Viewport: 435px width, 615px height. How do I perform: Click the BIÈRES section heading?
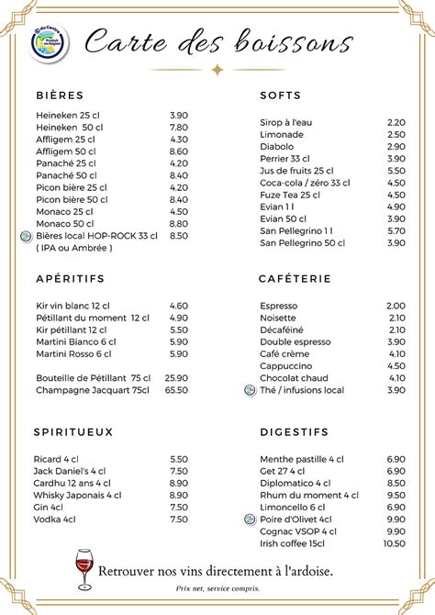click(60, 95)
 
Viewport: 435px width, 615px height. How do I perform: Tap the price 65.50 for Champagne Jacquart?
click(176, 390)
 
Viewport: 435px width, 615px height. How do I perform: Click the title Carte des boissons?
click(217, 42)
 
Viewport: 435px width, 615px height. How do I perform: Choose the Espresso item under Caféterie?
click(278, 306)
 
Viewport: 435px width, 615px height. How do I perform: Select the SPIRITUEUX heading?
click(73, 431)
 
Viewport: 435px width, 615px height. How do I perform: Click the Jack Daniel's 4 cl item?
click(71, 471)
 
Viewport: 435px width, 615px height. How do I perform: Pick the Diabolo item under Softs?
click(276, 146)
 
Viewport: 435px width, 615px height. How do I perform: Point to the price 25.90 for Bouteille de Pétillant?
click(176, 378)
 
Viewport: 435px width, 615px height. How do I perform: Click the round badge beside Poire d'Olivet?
click(250, 519)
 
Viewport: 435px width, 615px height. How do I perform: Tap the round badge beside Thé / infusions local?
click(250, 390)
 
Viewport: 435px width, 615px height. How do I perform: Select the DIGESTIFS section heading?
click(294, 431)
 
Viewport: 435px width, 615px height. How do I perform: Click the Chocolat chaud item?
click(294, 378)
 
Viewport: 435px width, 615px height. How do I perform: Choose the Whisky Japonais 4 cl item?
click(79, 495)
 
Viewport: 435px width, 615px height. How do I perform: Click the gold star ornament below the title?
click(217, 69)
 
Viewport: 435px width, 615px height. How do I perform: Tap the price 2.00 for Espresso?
click(396, 306)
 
